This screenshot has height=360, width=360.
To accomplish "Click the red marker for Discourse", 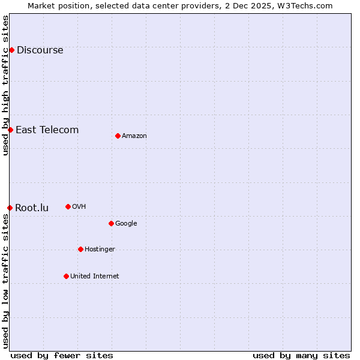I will (x=11, y=50).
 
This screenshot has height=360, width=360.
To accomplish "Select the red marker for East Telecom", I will (x=10, y=130).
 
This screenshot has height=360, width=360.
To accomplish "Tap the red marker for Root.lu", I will (x=10, y=208).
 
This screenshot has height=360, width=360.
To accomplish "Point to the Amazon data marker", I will (x=118, y=136).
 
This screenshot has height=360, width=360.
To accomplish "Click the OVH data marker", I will (x=68, y=206).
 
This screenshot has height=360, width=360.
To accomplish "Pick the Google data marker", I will (x=111, y=223).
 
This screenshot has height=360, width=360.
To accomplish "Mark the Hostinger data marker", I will (x=80, y=249).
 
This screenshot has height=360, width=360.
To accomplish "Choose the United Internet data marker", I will (x=66, y=276).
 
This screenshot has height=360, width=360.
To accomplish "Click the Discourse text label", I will (x=40, y=50).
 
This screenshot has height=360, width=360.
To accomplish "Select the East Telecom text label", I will (x=47, y=130).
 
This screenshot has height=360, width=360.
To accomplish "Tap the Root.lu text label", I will (x=32, y=208).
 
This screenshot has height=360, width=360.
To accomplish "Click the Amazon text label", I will (x=134, y=136).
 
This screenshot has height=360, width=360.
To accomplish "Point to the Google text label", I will (x=126, y=223).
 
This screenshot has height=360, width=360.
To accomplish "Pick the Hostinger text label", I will (x=100, y=249).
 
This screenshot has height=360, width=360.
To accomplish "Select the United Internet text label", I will (x=95, y=276).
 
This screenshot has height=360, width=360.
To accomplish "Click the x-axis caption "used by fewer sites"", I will (x=62, y=355).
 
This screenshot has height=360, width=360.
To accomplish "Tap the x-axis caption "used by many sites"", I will (x=301, y=355).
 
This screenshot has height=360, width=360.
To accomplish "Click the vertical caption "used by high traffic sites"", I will (x=5, y=85).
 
